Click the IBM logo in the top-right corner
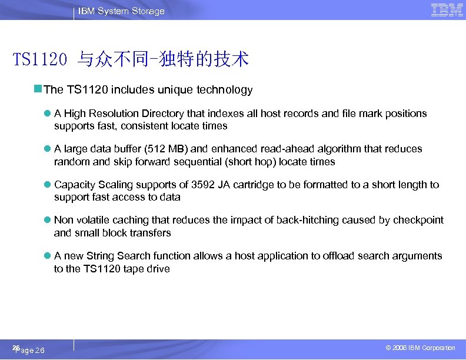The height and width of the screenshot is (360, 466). [x=447, y=10]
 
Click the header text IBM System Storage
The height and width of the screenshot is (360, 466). [x=121, y=11]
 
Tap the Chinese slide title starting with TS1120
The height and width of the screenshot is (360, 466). [x=131, y=59]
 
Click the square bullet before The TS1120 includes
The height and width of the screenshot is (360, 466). [x=38, y=89]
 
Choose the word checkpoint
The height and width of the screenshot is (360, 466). [x=418, y=220]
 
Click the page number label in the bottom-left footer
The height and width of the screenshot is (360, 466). [x=28, y=350]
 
